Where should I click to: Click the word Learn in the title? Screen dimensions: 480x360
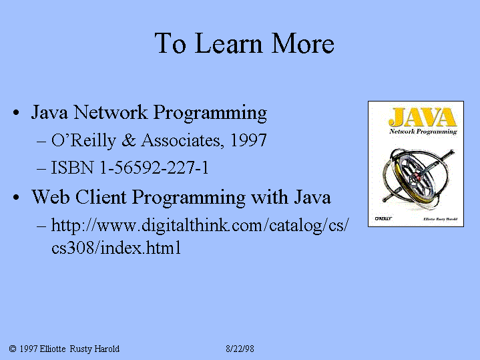228,43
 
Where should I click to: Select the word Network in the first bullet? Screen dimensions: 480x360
111,112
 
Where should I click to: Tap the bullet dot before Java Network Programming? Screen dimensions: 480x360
16,113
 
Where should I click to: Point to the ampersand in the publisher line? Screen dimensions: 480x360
129,140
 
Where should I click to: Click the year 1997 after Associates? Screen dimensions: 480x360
248,140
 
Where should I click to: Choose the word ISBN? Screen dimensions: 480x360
72,168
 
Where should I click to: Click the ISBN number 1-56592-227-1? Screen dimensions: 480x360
154,168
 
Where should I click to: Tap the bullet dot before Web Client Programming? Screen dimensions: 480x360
16,197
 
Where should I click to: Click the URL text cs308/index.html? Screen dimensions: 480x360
116,248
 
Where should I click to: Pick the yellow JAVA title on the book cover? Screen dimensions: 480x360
423,117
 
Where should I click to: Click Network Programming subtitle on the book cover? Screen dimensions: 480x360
423,132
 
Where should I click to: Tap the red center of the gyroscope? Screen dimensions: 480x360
417,176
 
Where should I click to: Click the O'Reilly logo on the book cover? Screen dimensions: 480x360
384,218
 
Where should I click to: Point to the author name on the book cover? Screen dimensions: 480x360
440,219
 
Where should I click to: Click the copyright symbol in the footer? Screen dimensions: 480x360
13,349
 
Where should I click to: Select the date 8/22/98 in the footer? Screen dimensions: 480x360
240,349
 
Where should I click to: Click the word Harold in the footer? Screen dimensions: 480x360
107,349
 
